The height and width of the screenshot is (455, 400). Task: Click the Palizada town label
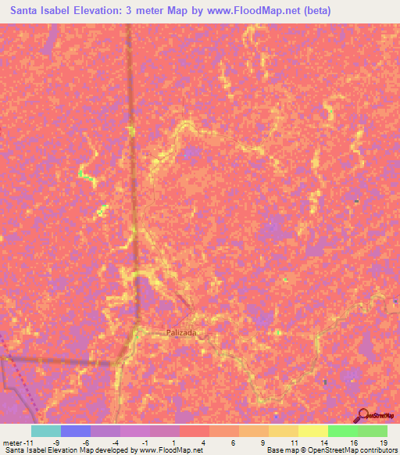pyautogui.click(x=181, y=332)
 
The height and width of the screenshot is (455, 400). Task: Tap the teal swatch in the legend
pyautogui.click(x=46, y=431)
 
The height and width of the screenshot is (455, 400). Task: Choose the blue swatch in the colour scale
pyautogui.click(x=76, y=431)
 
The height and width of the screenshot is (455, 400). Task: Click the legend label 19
pyautogui.click(x=384, y=443)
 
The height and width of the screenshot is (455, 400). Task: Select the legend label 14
pyautogui.click(x=323, y=443)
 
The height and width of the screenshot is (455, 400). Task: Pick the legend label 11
pyautogui.click(x=294, y=443)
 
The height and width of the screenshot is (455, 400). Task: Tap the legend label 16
pyautogui.click(x=354, y=443)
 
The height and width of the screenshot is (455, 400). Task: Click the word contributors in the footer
pyautogui.click(x=377, y=451)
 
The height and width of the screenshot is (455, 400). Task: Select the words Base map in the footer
pyautogui.click(x=282, y=451)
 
